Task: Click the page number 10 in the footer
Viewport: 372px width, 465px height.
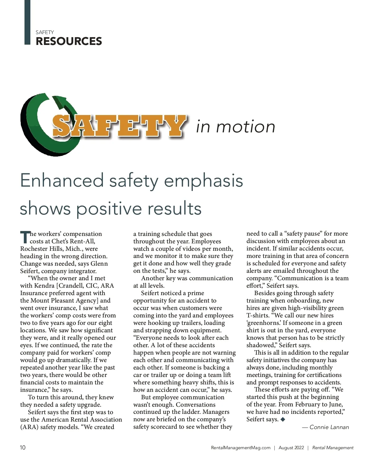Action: tap(23, 447)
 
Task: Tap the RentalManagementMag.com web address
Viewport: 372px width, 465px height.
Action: tap(241, 448)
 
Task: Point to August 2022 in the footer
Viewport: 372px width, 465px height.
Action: tap(291, 448)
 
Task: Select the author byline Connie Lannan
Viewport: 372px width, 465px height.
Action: tap(329, 427)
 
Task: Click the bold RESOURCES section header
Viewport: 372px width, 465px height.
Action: tap(69, 41)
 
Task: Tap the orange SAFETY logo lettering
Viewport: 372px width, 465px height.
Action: tap(119, 126)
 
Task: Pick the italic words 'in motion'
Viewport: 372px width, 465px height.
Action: tap(236, 127)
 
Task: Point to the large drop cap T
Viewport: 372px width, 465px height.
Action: tap(25, 237)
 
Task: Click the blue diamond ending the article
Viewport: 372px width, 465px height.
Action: tap(282, 419)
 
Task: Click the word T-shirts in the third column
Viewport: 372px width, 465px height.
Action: tap(258, 315)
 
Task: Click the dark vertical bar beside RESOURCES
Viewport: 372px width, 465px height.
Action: tap(27, 22)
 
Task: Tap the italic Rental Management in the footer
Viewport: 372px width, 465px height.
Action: tap(333, 448)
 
